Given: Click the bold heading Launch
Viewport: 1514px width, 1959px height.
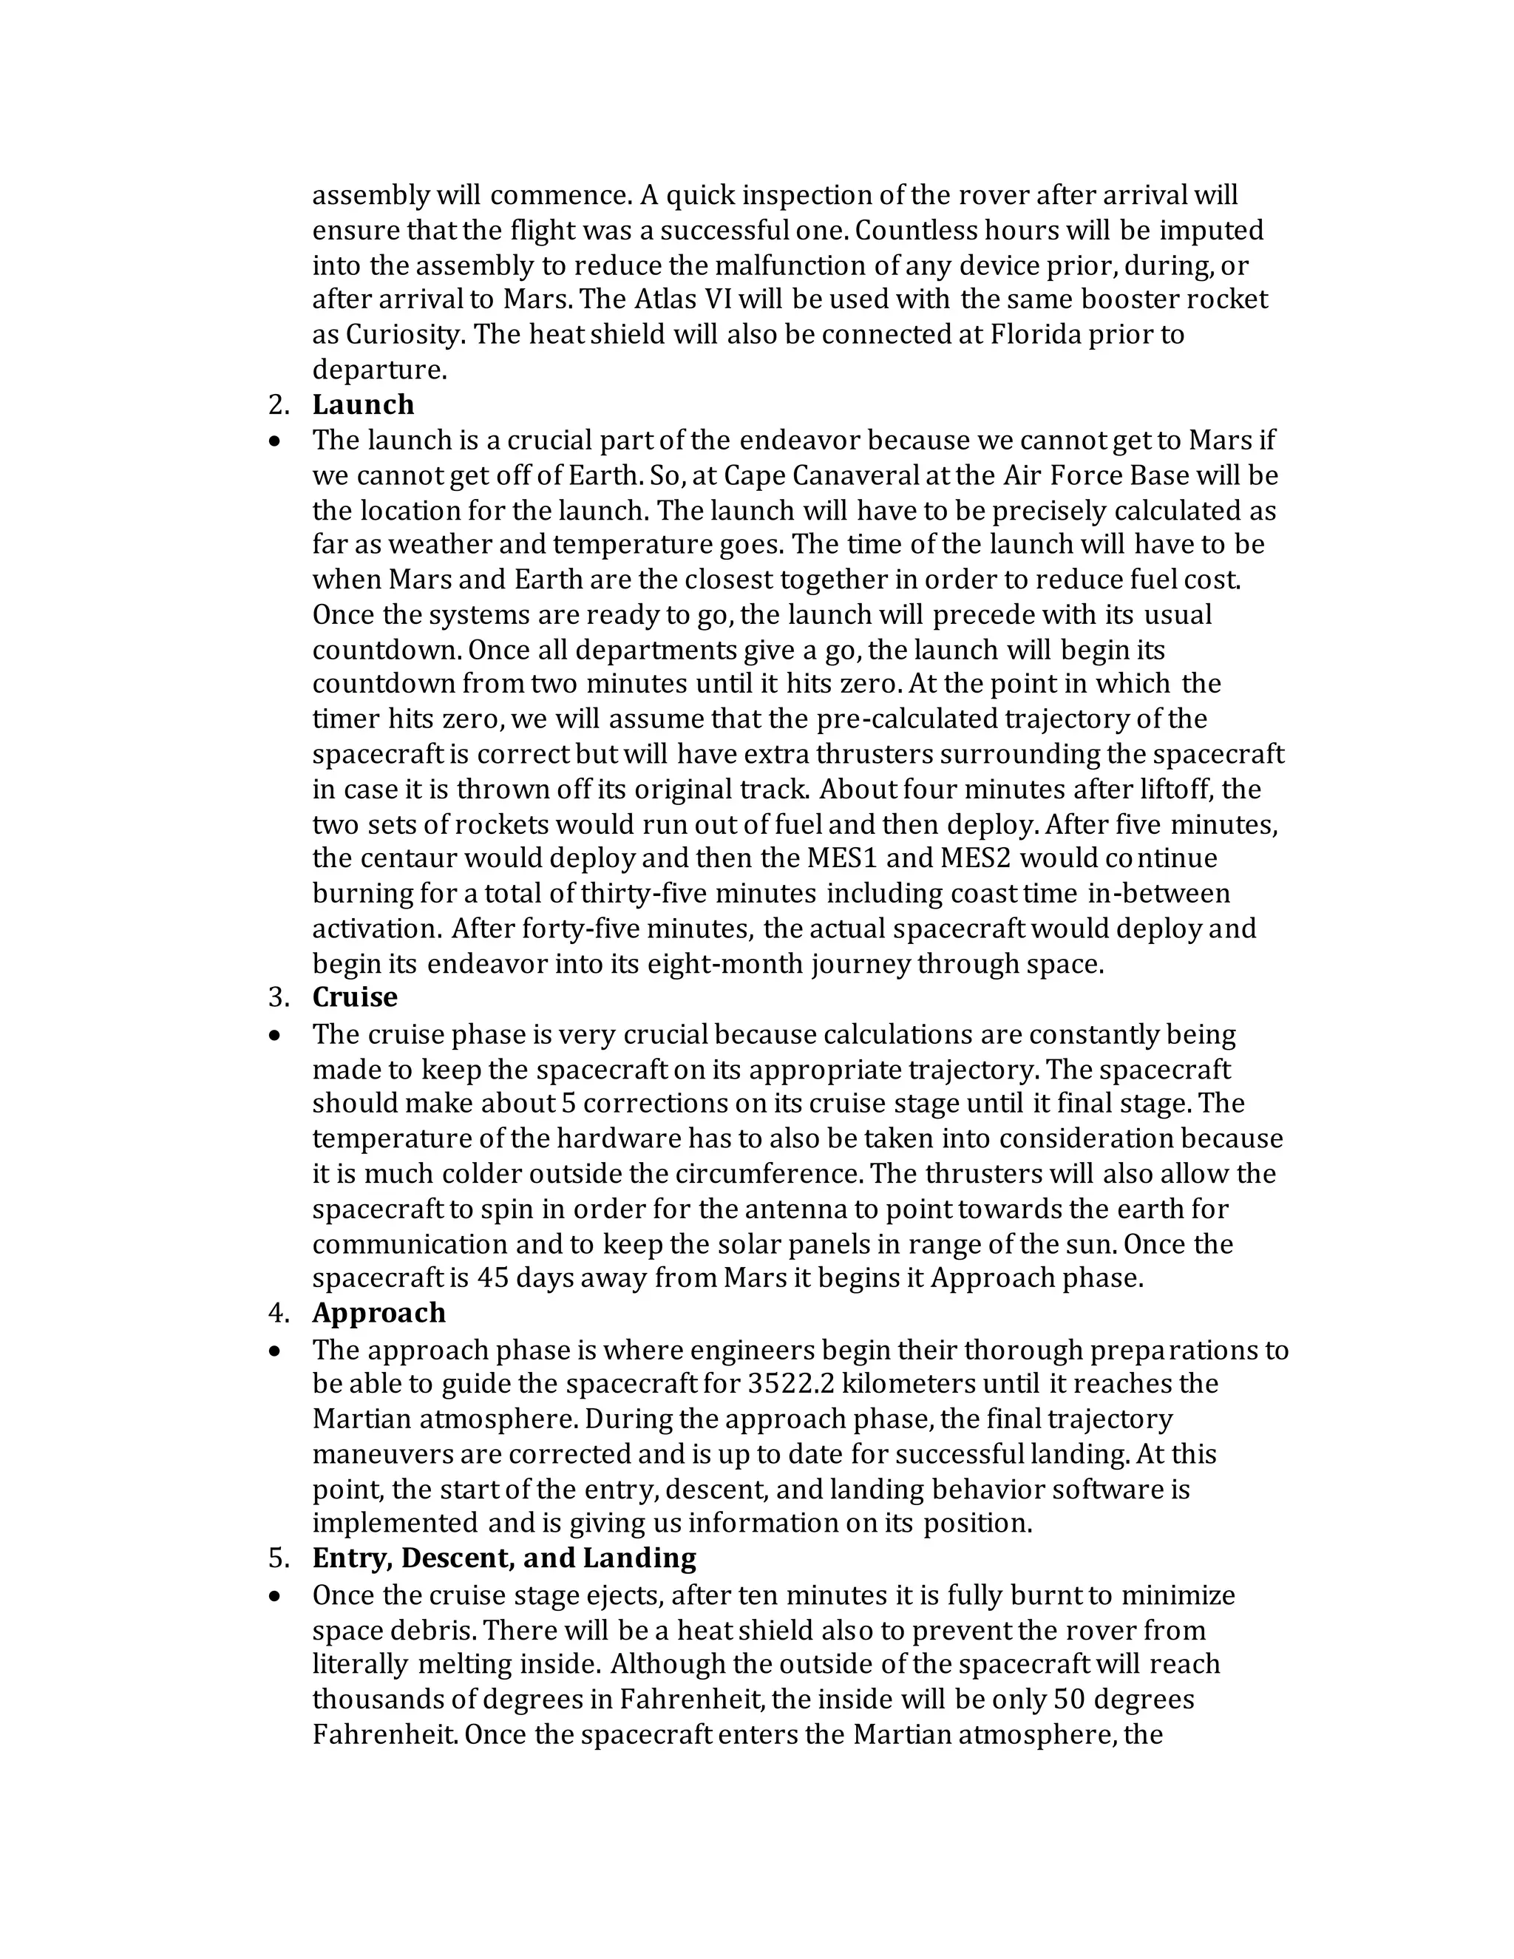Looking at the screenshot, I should (362, 404).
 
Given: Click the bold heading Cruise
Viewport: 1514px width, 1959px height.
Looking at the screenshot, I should (354, 997).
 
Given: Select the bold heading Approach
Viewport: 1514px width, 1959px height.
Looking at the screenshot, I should (378, 1312).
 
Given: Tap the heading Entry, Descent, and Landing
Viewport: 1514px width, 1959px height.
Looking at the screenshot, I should (503, 1558).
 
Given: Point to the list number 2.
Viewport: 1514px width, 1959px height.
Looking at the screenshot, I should (278, 404).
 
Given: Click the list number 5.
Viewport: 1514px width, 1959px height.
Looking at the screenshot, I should (278, 1558).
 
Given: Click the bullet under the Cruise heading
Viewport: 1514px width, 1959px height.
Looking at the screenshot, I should (275, 1035).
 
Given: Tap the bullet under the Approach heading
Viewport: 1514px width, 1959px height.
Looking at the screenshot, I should (275, 1350).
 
